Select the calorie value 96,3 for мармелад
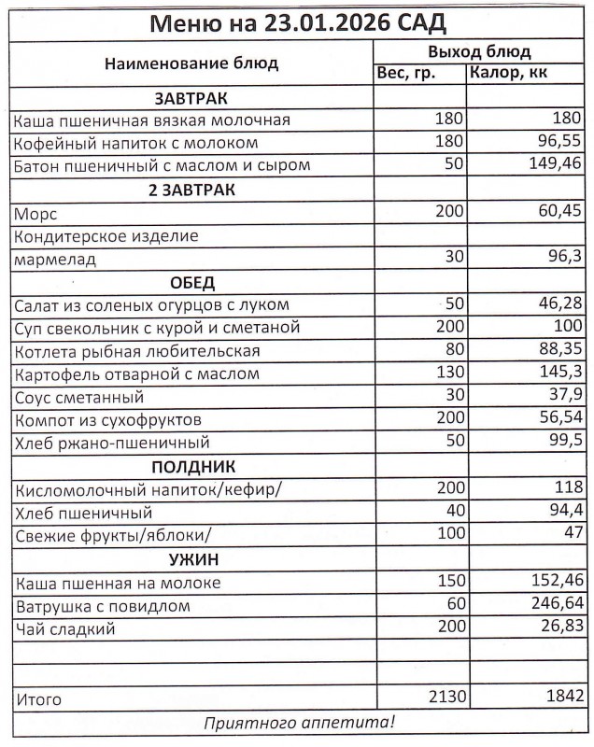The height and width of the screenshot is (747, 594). [565, 259]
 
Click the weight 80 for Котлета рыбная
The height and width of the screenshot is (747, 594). [453, 351]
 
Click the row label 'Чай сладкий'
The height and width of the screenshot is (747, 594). [64, 629]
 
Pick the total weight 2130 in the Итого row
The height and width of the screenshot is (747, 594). [445, 698]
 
